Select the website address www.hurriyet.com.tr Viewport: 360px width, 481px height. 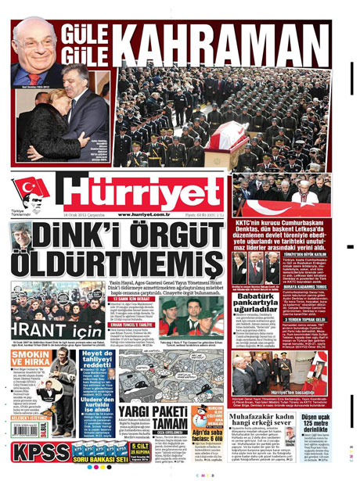point(145,214)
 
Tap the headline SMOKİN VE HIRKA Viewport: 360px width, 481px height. point(27,359)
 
